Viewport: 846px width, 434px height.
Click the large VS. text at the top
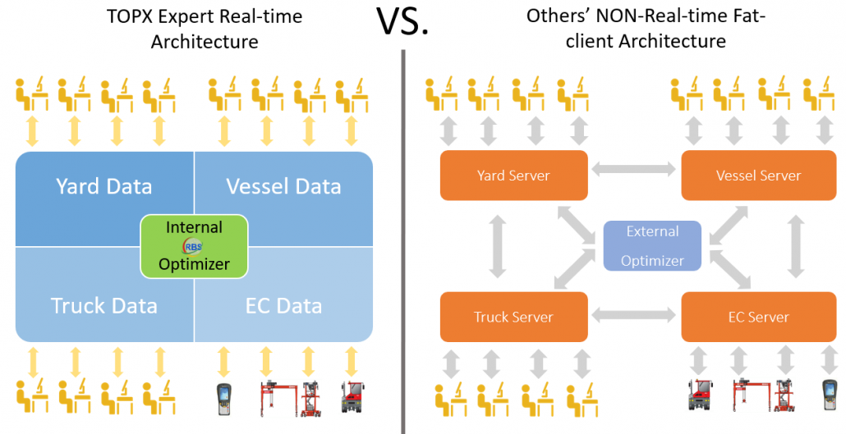coord(403,22)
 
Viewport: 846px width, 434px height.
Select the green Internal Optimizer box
coord(194,245)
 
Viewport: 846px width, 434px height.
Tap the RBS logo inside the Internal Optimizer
coord(194,246)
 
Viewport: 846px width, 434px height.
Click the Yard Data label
coord(104,186)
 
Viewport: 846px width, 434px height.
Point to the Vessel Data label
coord(283,186)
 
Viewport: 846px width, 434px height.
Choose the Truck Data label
coord(104,306)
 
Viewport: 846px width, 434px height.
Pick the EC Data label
coord(283,306)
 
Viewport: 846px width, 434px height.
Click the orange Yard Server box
coord(513,175)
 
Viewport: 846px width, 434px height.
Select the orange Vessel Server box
coord(758,175)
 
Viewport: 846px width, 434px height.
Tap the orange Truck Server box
coord(513,317)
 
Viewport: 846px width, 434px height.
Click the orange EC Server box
coord(758,317)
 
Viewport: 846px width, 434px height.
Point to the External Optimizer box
coord(653,246)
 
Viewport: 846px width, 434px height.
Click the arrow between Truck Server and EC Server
coord(635,313)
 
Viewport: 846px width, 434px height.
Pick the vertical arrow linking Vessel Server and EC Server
coord(795,246)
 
